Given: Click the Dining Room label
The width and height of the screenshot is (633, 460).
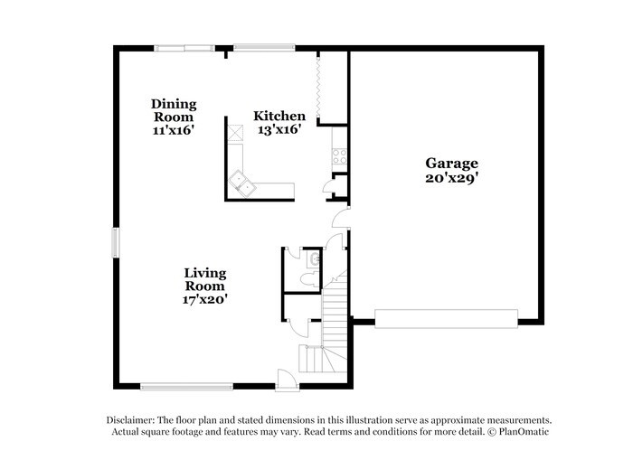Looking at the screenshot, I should pyautogui.click(x=174, y=110).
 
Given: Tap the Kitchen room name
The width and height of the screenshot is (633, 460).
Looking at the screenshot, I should pyautogui.click(x=279, y=117).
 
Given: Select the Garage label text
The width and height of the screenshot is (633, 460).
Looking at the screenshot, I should pyautogui.click(x=452, y=164).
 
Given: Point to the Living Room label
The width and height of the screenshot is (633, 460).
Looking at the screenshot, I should pyautogui.click(x=205, y=278).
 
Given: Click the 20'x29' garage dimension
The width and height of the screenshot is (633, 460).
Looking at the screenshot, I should pyautogui.click(x=452, y=178).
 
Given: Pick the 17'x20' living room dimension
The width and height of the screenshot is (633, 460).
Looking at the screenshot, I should pyautogui.click(x=205, y=299).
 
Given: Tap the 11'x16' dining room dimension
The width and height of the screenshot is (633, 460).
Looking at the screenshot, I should pyautogui.click(x=174, y=130).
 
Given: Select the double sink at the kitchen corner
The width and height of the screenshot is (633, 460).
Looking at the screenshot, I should pyautogui.click(x=242, y=183).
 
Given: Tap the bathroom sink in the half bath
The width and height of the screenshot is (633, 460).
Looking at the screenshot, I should pyautogui.click(x=313, y=259).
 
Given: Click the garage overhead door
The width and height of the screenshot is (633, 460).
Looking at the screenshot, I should pyautogui.click(x=446, y=318).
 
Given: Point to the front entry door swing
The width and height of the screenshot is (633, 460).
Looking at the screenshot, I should pyautogui.click(x=286, y=380).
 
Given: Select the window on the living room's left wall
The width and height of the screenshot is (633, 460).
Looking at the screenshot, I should pyautogui.click(x=116, y=242).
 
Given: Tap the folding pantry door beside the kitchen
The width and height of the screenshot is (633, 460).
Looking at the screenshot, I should pyautogui.click(x=318, y=86).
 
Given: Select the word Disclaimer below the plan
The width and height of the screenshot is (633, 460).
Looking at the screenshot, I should pyautogui.click(x=130, y=420).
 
